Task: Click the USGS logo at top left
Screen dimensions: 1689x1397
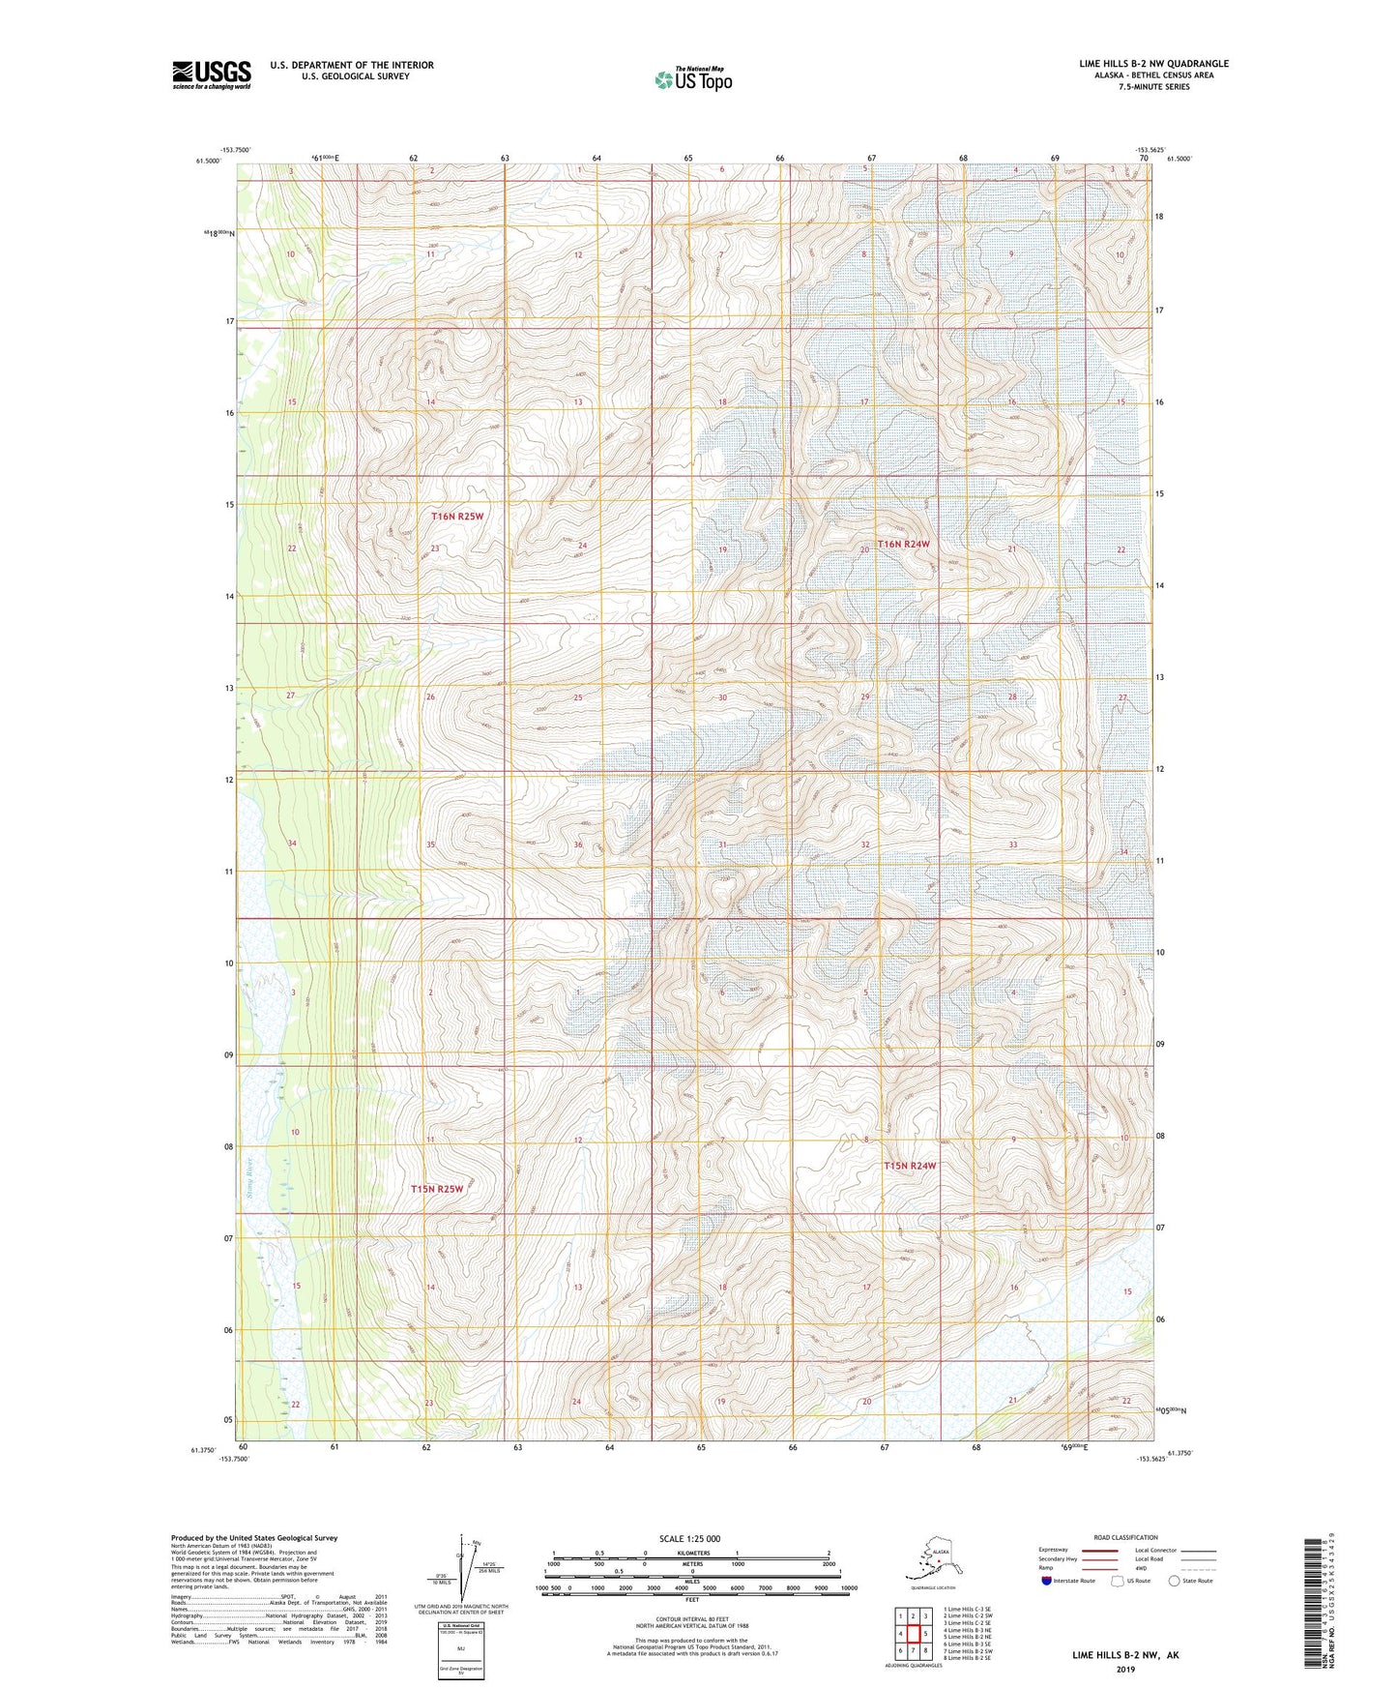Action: coord(212,74)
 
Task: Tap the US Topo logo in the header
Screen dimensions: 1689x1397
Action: coord(693,79)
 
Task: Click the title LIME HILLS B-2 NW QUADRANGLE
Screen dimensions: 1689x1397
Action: coord(1153,64)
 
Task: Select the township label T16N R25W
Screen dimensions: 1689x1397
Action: coord(456,517)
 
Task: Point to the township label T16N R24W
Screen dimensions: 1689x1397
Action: coord(903,544)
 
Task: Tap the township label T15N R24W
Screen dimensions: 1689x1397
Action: coord(910,1166)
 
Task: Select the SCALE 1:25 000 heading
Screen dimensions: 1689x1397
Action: coord(690,1538)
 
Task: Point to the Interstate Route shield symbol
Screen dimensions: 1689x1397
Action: coord(1047,1582)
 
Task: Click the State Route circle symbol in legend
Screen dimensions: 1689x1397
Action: coord(1175,1582)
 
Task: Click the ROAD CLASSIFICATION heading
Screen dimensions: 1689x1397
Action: coord(1125,1537)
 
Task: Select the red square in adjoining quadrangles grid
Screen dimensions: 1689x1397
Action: coord(913,1633)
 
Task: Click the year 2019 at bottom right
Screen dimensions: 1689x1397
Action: coord(1124,1670)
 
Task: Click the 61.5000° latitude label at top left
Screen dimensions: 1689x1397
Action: coord(206,162)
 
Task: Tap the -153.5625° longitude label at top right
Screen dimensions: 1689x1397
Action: coord(1150,150)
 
